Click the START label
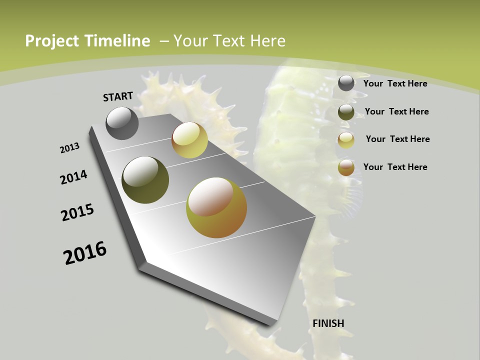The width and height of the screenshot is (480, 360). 118,96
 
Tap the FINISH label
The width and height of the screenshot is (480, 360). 328,323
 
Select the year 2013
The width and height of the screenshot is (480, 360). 69,148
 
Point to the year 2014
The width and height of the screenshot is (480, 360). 73,177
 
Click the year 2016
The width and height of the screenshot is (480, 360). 85,253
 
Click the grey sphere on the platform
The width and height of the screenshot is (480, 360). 122,123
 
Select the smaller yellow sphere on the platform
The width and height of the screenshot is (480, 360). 189,140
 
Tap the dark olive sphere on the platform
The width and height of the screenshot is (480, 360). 145,180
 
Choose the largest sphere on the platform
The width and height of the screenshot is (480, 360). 216,207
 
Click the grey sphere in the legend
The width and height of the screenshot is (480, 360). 346,83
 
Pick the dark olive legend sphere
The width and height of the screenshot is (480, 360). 346,112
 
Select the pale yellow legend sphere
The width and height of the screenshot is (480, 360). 346,140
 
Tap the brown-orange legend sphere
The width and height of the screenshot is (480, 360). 346,167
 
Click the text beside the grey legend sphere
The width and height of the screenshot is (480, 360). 395,83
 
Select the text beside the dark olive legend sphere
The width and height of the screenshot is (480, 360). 396,111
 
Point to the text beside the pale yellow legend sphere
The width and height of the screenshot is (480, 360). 397,139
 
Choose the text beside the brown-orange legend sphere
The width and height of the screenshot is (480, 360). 395,167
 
